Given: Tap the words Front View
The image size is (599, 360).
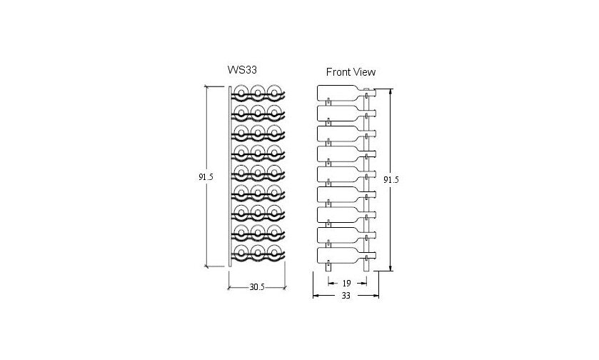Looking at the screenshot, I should tap(351, 71).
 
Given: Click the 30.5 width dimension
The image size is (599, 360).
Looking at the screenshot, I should tap(257, 287).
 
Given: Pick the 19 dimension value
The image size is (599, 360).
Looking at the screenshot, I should tap(345, 282).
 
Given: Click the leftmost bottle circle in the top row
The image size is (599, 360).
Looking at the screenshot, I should tap(241, 92).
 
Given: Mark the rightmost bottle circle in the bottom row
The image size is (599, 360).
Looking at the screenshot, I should tap(274, 252).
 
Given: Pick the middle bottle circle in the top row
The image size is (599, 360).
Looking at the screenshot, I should tap(258, 92).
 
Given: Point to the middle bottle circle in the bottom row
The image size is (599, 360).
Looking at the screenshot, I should tap(258, 252).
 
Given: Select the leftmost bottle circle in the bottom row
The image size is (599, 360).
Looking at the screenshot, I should tap(241, 252).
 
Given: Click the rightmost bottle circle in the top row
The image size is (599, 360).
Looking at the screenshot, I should tap(274, 92).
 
